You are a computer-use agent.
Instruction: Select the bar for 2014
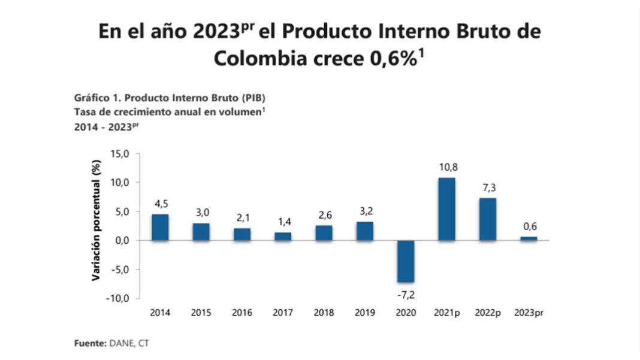[160, 227]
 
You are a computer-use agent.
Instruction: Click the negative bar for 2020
[406, 261]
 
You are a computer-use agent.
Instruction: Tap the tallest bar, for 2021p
[446, 209]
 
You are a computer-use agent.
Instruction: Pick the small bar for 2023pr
[529, 238]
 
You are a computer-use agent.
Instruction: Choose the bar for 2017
[283, 236]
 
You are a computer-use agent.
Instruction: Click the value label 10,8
[447, 167]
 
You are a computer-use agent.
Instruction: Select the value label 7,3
[488, 188]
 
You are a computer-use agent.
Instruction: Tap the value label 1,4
[283, 222]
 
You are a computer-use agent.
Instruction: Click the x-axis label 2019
[364, 313]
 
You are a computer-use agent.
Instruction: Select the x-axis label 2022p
[487, 313]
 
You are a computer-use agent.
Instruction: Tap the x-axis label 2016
[242, 313]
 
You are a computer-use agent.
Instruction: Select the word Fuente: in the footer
[89, 343]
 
